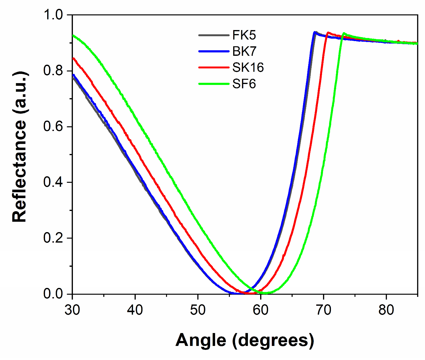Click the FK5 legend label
(244, 35)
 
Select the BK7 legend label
(244, 52)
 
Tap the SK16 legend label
(248, 67)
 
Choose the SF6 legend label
(244, 84)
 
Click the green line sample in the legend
(214, 84)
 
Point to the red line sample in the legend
(214, 67)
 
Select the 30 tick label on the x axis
(72, 310)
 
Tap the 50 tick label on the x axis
(198, 310)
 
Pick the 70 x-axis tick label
(323, 310)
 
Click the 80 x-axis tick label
(386, 310)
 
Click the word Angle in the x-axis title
(201, 340)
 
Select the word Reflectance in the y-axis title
(20, 171)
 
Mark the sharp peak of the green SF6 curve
(343, 33)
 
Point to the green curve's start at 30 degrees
(73, 36)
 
